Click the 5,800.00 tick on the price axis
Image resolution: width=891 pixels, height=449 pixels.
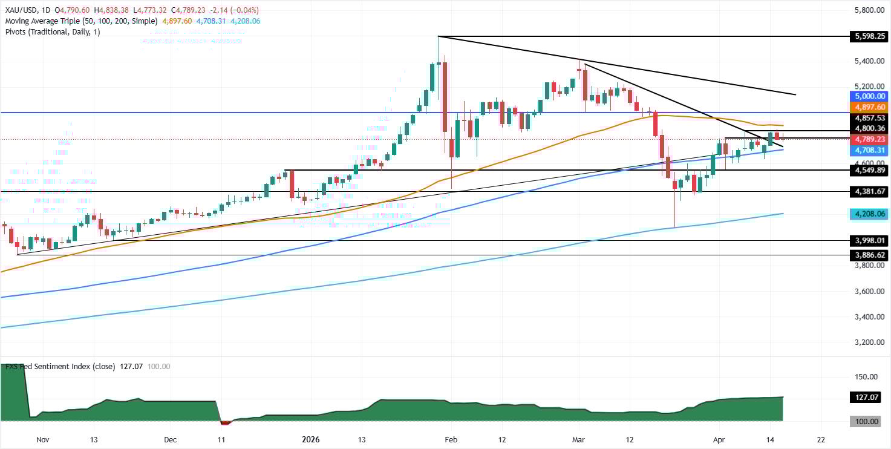pos(869,10)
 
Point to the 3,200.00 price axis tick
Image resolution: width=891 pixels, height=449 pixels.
pos(869,342)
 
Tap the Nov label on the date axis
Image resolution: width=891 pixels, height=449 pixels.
pos(42,439)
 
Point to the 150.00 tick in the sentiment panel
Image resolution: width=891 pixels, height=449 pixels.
pos(869,376)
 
